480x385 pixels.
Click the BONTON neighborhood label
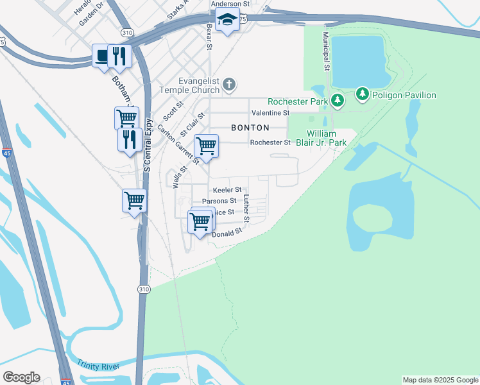click(x=246, y=128)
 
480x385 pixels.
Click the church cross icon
click(x=230, y=85)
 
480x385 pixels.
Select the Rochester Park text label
click(x=297, y=101)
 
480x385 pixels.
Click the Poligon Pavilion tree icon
click(x=362, y=95)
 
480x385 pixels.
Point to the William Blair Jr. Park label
click(x=326, y=138)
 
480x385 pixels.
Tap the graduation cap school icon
click(x=226, y=21)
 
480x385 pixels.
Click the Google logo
click(x=21, y=377)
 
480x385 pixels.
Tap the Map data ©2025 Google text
click(x=440, y=380)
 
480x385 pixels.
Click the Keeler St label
click(x=227, y=190)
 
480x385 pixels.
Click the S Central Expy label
click(x=147, y=145)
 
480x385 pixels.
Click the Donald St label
click(x=226, y=234)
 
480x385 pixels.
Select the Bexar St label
click(x=209, y=38)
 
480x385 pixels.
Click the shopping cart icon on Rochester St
click(x=206, y=146)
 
